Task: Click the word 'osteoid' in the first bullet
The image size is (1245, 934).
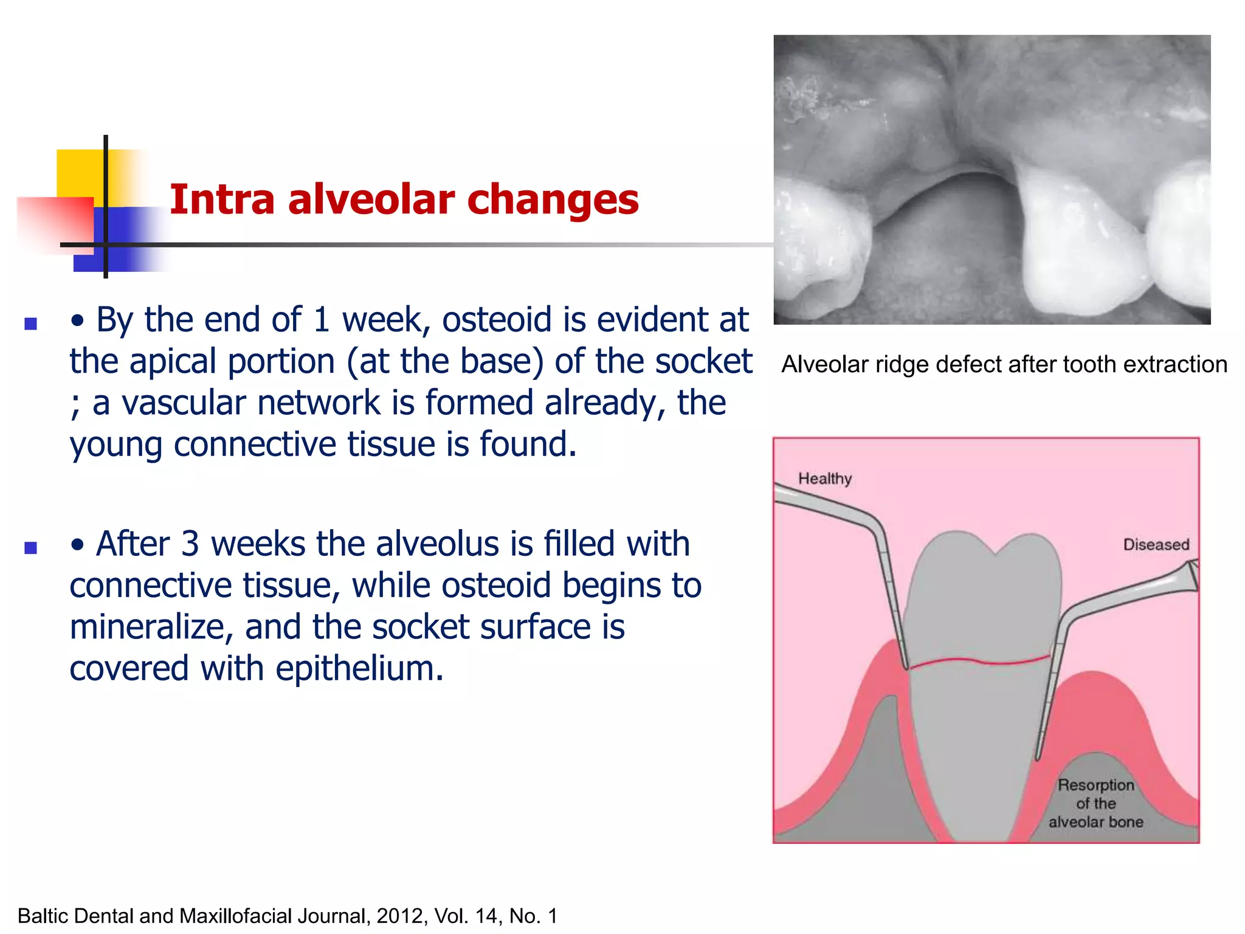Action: pyautogui.click(x=496, y=320)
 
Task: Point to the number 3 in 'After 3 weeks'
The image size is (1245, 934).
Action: pyautogui.click(x=190, y=544)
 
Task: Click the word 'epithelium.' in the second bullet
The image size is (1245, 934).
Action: pyautogui.click(x=359, y=669)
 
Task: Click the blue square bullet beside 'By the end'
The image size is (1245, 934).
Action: pyautogui.click(x=30, y=323)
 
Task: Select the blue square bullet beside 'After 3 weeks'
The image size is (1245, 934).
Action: pyautogui.click(x=30, y=548)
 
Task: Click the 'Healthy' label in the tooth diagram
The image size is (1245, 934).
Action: pyautogui.click(x=824, y=479)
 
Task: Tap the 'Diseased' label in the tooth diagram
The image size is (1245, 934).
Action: pyautogui.click(x=1156, y=545)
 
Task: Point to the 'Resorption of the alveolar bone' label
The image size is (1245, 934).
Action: pyautogui.click(x=1095, y=803)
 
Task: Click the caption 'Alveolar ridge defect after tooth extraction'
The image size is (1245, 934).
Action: pyautogui.click(x=1004, y=364)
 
